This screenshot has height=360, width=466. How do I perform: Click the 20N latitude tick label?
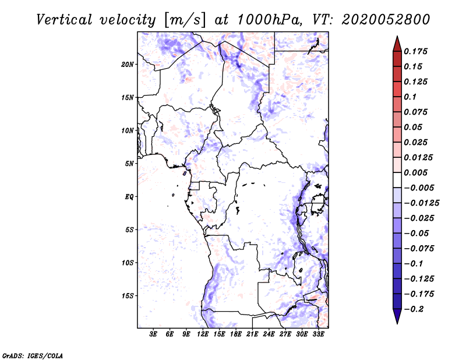pos(128,65)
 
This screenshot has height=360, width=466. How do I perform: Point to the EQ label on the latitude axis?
pos(129,197)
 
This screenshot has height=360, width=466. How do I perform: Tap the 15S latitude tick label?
pos(128,296)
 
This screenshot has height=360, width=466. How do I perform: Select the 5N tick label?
pos(129,164)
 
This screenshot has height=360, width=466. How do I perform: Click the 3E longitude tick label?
pos(153,334)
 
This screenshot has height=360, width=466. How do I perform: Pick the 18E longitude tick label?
pos(236,334)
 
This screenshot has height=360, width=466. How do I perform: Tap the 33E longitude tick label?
pos(318,334)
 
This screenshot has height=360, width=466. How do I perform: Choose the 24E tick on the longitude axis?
pos(269,334)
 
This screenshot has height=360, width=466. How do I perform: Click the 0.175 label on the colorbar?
pos(415,51)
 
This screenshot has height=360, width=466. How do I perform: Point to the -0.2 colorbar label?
pos(414,309)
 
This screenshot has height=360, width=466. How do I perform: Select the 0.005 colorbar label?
pos(415,172)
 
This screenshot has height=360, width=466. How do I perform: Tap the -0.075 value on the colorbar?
pos(419,249)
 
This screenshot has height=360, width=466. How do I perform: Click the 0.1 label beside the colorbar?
pos(410,97)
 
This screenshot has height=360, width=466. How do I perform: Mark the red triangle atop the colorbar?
pos(397,44)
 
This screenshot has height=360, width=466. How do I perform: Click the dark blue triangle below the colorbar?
pos(397,316)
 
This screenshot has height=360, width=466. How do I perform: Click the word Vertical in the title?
pos(64,20)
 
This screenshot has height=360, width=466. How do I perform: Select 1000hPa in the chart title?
pos(269,20)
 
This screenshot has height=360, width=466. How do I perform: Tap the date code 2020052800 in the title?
pos(386,20)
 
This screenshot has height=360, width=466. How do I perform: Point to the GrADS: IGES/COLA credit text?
pos(33,355)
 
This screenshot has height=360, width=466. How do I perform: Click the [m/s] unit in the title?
pos(184,20)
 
